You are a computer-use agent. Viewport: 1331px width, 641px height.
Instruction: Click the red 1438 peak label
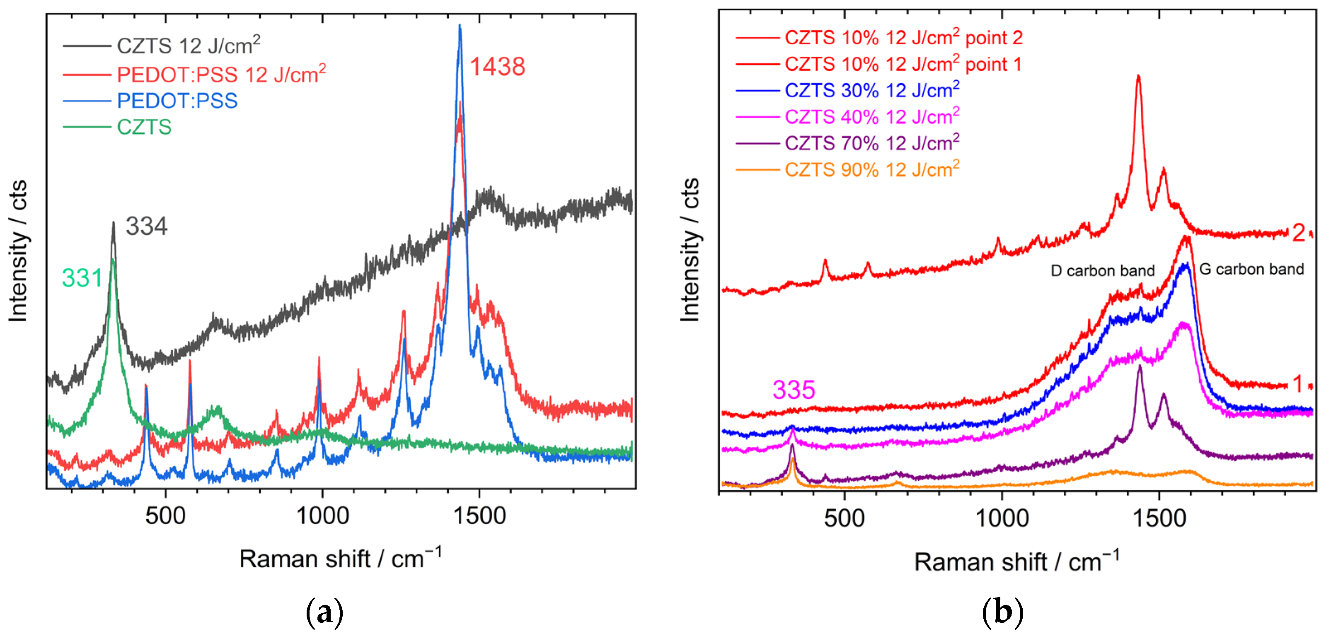[x=497, y=67]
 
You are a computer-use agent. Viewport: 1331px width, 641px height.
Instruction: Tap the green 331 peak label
[x=82, y=278]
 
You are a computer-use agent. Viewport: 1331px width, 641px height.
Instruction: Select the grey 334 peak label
[x=146, y=226]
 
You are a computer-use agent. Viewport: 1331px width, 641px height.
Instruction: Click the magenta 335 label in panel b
[x=793, y=390]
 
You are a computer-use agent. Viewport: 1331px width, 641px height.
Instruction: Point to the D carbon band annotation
[x=1102, y=271]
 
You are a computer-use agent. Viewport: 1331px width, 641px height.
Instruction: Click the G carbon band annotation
[x=1251, y=269]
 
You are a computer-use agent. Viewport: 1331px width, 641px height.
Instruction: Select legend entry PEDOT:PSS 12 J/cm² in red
[x=221, y=75]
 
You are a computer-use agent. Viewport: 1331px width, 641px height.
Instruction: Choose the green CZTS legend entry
[x=144, y=127]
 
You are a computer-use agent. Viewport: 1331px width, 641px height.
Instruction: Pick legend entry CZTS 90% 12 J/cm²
[x=872, y=169]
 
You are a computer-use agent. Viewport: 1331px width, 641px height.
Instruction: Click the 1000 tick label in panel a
[x=322, y=516]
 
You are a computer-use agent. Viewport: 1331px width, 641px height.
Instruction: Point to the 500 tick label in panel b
[x=844, y=518]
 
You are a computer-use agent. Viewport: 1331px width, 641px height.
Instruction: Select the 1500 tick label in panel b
[x=1159, y=518]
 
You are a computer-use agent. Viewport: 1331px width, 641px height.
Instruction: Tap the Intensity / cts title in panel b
[x=690, y=250]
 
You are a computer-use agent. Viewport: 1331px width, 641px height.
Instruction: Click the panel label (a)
[x=324, y=612]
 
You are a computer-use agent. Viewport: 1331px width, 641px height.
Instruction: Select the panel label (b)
[x=1002, y=612]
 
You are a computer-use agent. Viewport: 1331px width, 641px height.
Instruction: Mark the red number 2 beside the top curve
[x=1298, y=233]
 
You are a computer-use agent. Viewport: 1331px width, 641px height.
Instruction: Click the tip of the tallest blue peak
[x=460, y=25]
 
